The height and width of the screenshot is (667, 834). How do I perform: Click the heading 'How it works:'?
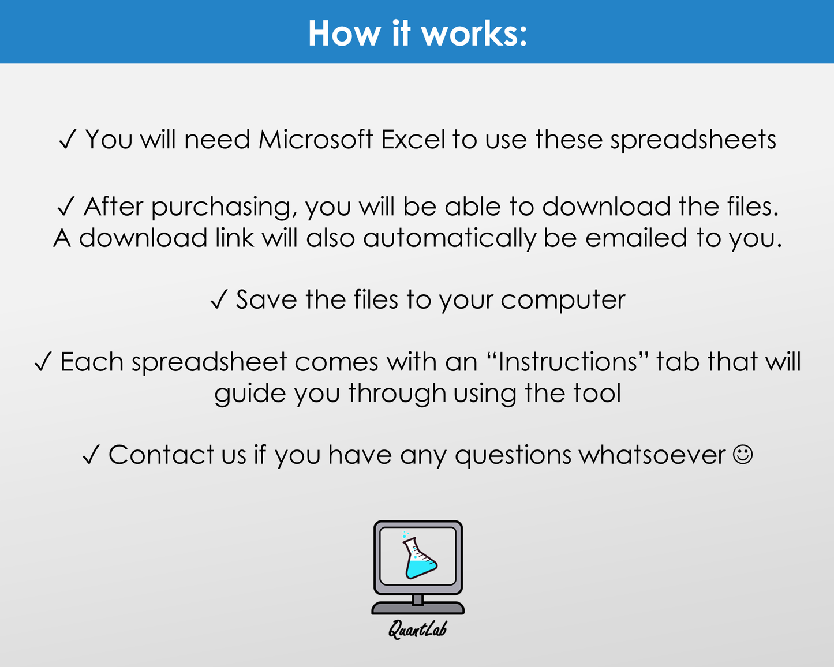pos(417,33)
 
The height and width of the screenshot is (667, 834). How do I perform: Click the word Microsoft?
pos(315,140)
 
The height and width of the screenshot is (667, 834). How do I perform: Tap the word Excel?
pos(413,140)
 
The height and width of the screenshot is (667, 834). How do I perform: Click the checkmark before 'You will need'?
pos(68,140)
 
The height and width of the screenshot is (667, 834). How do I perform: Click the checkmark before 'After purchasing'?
pos(66,207)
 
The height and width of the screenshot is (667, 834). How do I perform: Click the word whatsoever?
pos(652,455)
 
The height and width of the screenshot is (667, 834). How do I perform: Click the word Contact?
pos(161,455)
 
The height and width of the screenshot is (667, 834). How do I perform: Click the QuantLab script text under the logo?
pos(417,629)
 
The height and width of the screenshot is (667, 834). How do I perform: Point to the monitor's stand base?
pos(418,608)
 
